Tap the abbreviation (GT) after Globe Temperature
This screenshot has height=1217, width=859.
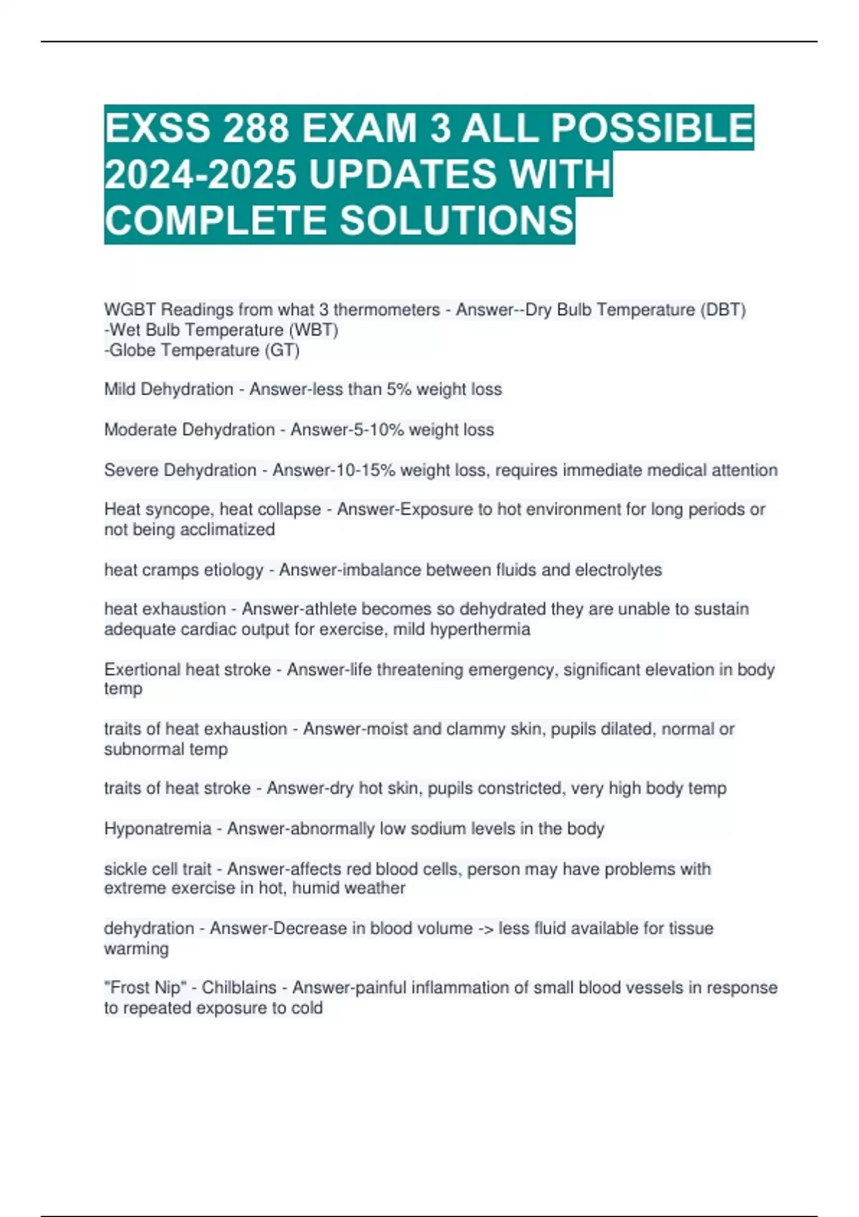coord(283,350)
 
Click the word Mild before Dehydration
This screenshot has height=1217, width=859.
coord(120,389)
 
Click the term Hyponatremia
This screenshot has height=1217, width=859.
coord(157,829)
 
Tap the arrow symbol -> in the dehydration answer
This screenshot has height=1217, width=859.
coord(485,928)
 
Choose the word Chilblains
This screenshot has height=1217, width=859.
coord(239,988)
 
